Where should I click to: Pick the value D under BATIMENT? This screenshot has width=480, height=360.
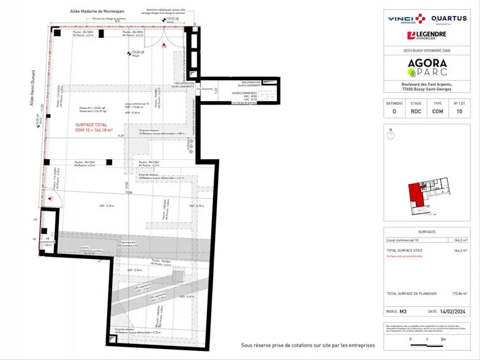[395, 112]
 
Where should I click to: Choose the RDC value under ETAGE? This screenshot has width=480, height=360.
[416, 112]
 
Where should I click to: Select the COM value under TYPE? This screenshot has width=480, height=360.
[438, 112]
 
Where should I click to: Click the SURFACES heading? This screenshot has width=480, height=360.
[427, 233]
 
